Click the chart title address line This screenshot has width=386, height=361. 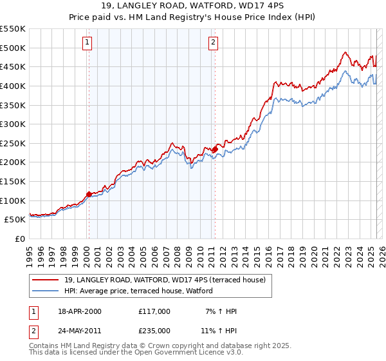click(193, 6)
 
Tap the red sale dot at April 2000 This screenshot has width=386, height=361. click(89, 193)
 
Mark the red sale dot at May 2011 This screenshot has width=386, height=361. click(215, 149)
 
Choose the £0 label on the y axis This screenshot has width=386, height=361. click(19, 239)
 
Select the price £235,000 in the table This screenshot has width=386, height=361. click(154, 331)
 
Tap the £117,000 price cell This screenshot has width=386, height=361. click(154, 311)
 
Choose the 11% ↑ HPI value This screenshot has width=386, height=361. click(219, 331)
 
